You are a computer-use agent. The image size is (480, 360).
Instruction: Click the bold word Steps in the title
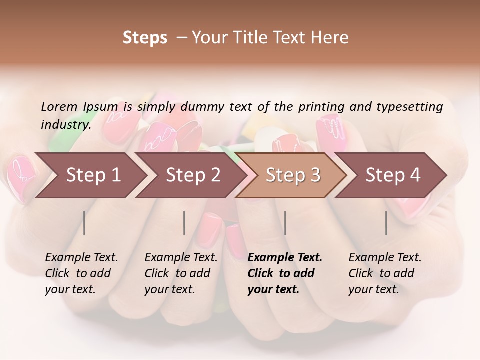[x=145, y=38]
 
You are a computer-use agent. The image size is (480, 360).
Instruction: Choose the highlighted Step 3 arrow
[x=293, y=175]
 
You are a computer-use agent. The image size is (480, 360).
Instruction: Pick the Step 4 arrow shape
[x=393, y=175]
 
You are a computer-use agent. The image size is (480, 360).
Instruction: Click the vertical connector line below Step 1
[x=84, y=223]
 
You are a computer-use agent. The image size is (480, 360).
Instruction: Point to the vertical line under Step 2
[x=184, y=223]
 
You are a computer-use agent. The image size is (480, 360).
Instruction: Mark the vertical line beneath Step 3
[x=285, y=223]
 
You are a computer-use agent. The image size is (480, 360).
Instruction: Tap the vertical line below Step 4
[x=386, y=223]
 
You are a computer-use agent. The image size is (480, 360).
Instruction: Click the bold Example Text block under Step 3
[x=285, y=273]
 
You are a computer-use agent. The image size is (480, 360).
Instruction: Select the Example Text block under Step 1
[x=81, y=273]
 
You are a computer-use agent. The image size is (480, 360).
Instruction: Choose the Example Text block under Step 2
[x=181, y=273]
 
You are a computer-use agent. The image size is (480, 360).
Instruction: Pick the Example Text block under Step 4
[x=385, y=273]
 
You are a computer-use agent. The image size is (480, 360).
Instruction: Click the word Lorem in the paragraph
[x=59, y=106]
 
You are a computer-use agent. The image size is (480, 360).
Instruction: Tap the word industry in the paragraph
[x=65, y=124]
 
